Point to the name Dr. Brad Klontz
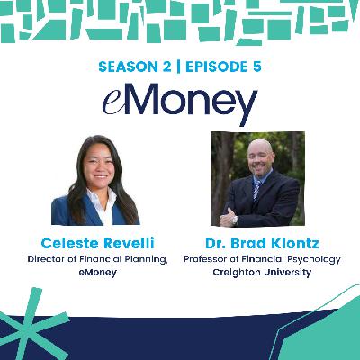tap(257, 243)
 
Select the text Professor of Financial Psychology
tap(257, 259)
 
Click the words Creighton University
tap(257, 272)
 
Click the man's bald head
tap(258, 144)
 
